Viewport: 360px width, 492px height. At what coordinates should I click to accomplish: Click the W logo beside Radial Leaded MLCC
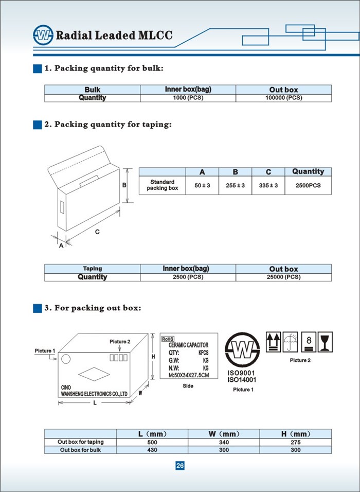[43, 35]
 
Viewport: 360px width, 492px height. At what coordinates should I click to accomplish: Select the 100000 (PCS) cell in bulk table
[283, 98]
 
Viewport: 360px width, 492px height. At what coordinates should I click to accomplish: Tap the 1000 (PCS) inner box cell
[188, 98]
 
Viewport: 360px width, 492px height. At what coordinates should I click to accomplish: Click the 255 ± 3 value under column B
[235, 185]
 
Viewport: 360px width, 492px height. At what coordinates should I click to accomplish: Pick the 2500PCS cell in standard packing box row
[308, 185]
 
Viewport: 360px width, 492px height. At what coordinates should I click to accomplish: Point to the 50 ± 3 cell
[202, 185]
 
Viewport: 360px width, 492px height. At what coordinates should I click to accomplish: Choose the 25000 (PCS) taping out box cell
[283, 277]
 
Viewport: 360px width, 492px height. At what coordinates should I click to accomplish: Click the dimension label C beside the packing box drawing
[97, 232]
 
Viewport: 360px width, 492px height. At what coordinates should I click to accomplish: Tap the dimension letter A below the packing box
[61, 246]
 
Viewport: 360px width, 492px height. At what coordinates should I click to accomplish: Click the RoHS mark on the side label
[168, 339]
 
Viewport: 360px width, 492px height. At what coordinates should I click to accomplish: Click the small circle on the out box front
[65, 358]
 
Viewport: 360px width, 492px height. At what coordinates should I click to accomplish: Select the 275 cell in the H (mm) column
[296, 442]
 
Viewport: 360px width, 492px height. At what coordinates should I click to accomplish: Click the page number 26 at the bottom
[180, 466]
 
